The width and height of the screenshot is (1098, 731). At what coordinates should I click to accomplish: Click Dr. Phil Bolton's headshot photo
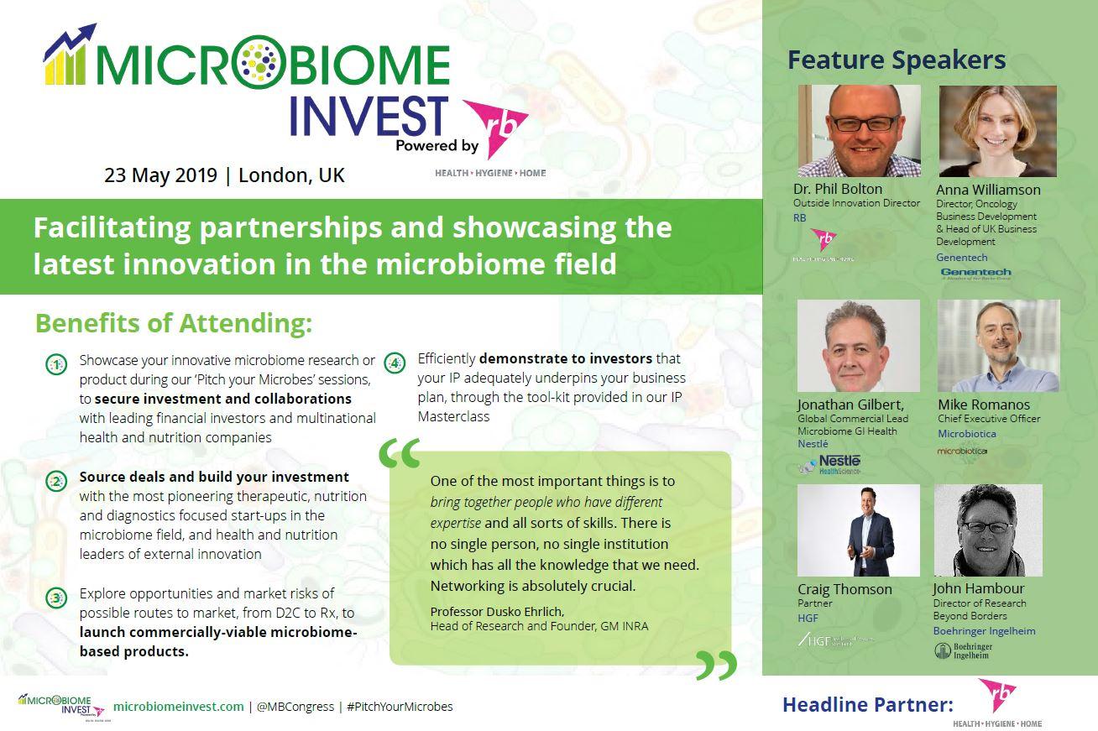click(x=859, y=131)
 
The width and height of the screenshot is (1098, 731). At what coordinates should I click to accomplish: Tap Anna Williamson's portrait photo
click(x=997, y=131)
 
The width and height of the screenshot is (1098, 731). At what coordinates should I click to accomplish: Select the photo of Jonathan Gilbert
click(x=858, y=346)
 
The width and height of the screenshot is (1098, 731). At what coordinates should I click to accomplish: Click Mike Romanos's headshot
click(x=998, y=346)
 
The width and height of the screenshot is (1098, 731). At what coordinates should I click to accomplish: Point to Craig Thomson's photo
click(x=858, y=530)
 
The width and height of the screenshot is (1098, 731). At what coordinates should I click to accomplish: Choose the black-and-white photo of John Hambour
click(x=988, y=530)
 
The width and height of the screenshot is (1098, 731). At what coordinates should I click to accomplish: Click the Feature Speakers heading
click(x=896, y=60)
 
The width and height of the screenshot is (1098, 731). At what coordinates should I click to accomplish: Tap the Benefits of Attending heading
click(x=173, y=323)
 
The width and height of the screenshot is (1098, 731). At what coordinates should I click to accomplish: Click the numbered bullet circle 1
click(x=56, y=365)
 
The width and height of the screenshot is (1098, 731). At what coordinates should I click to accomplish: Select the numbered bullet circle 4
click(x=394, y=363)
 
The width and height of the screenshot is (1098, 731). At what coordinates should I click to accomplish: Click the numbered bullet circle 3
click(x=56, y=598)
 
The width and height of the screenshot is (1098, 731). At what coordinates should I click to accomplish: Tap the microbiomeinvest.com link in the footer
click(x=178, y=707)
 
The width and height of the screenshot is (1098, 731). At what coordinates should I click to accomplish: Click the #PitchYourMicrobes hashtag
click(x=399, y=707)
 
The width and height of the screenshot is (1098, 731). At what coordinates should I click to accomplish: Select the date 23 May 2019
click(x=160, y=175)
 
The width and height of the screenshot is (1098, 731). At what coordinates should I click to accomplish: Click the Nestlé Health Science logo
click(x=829, y=463)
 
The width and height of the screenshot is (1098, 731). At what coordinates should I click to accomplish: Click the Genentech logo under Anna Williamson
click(x=975, y=274)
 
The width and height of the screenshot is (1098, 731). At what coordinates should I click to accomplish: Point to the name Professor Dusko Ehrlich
click(x=497, y=611)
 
